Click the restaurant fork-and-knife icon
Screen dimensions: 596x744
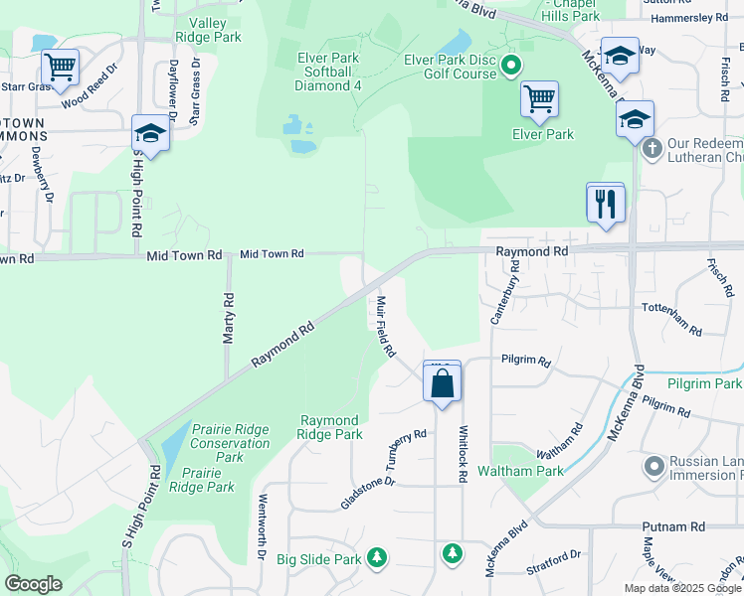605,204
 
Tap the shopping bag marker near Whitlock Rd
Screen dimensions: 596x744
443,382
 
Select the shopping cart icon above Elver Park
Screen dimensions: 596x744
539,98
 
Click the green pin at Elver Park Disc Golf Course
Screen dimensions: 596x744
512,68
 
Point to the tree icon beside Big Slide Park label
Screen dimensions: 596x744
377,558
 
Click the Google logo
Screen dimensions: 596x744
33,584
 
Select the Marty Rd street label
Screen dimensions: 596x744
229,318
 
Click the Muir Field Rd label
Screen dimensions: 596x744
386,326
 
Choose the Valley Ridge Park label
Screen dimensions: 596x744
208,30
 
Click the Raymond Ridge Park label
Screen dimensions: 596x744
330,427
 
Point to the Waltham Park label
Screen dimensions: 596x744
520,471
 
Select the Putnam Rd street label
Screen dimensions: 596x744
679,526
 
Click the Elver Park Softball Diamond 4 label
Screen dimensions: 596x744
327,72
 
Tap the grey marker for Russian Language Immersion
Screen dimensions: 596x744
653,465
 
